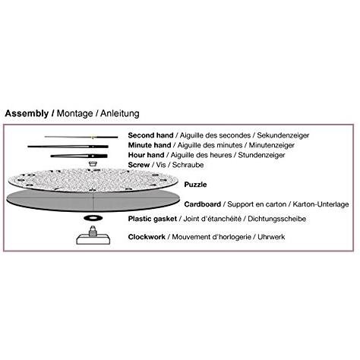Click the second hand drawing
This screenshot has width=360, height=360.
coord(81,137)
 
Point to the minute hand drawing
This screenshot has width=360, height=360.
coord(68,147)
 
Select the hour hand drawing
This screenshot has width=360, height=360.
coord(79,156)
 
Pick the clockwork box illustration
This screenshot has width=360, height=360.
coord(93,235)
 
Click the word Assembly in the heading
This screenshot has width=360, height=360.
coord(27,113)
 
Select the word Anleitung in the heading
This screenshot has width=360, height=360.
coord(120,113)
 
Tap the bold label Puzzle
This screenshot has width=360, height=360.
coord(195,185)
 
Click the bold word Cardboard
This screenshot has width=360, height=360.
coord(203,204)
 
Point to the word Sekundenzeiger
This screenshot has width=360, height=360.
coord(283,135)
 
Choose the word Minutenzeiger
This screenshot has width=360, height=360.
coord(272,145)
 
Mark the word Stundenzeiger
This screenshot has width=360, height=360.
coord(261,155)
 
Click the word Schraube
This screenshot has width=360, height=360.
coord(188,165)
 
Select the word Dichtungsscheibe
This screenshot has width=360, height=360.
coord(276,219)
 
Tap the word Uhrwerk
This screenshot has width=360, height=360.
coord(271,237)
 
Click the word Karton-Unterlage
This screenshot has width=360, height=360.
coord(321,204)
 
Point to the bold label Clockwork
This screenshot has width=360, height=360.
coord(147,237)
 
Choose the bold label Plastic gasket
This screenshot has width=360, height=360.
coord(153,219)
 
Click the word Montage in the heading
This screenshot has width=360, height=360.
coord(74,113)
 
